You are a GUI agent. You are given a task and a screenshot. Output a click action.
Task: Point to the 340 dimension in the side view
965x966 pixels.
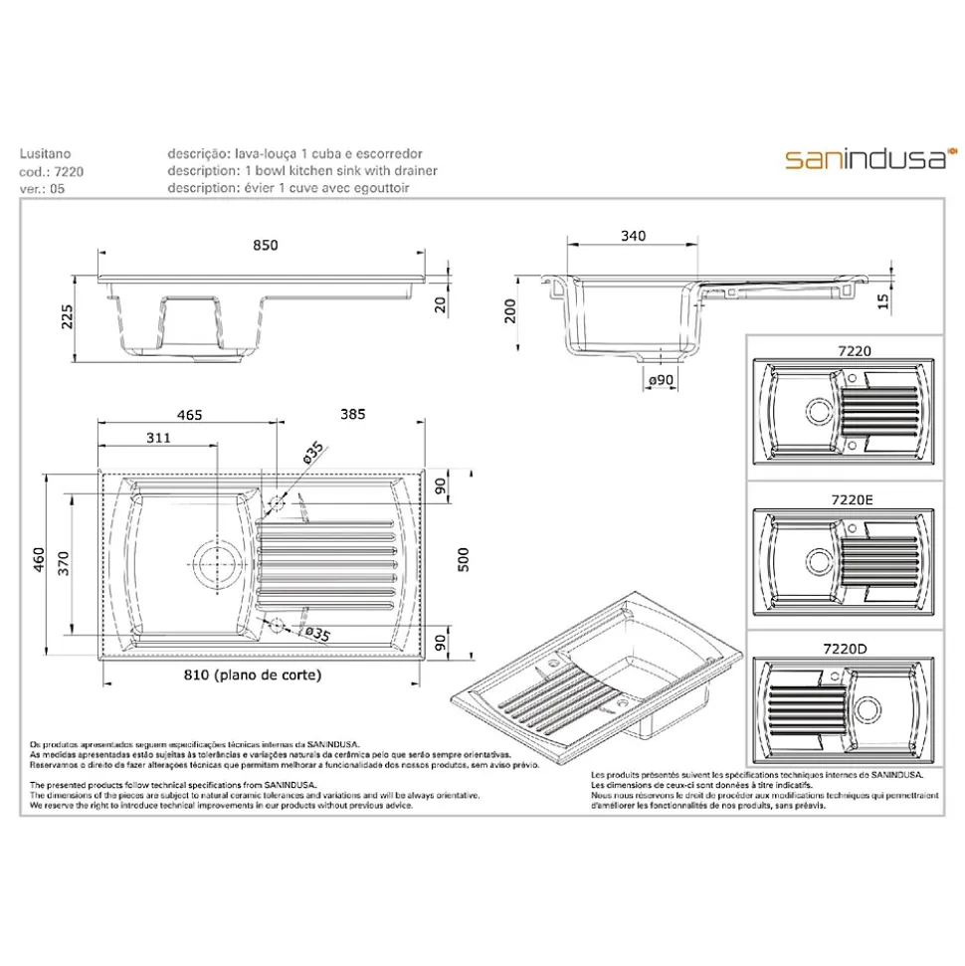(632, 236)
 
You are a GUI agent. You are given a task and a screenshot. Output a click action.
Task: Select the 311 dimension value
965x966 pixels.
(157, 437)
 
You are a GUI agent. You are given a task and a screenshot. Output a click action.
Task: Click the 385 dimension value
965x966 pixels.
(353, 414)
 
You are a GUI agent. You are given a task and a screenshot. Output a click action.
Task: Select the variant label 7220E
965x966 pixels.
(842, 496)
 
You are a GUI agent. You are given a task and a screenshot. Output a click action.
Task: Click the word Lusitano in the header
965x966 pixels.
(45, 154)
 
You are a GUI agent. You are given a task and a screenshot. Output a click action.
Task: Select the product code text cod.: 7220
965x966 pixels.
(51, 171)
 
